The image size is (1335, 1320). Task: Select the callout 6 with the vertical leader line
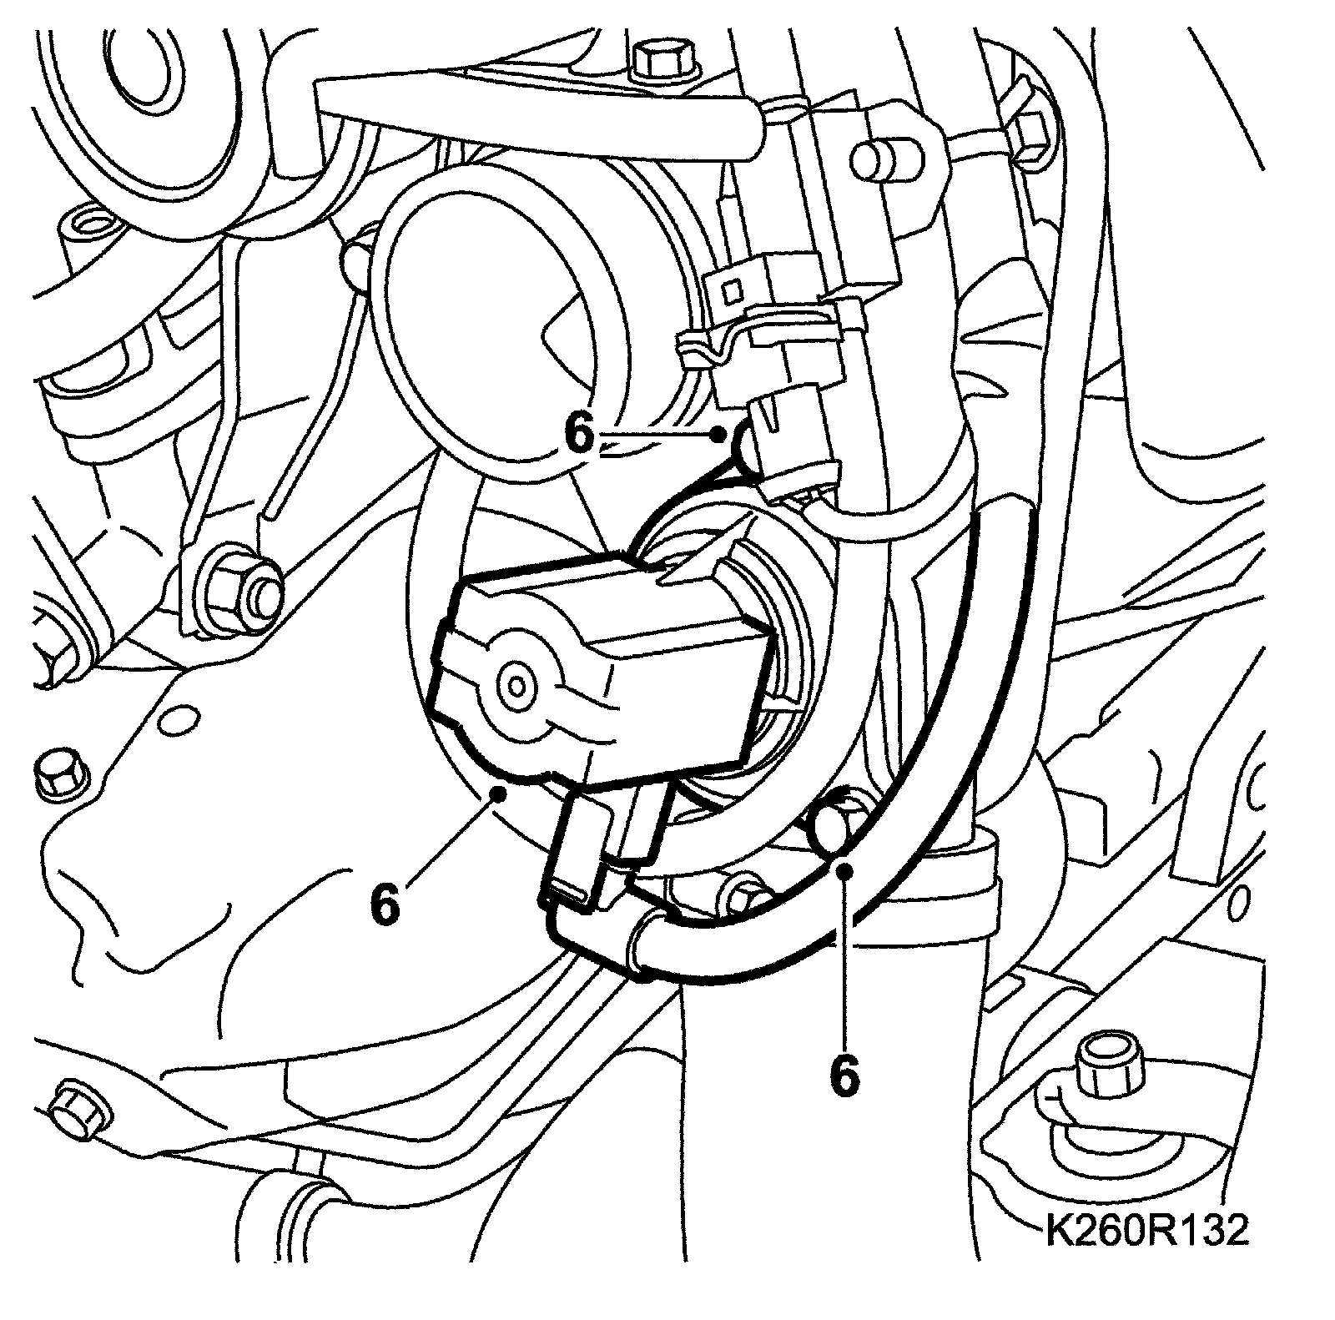tap(844, 1076)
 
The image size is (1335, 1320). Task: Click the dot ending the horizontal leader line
tap(718, 433)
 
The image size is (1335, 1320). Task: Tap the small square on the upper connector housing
tap(733, 290)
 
